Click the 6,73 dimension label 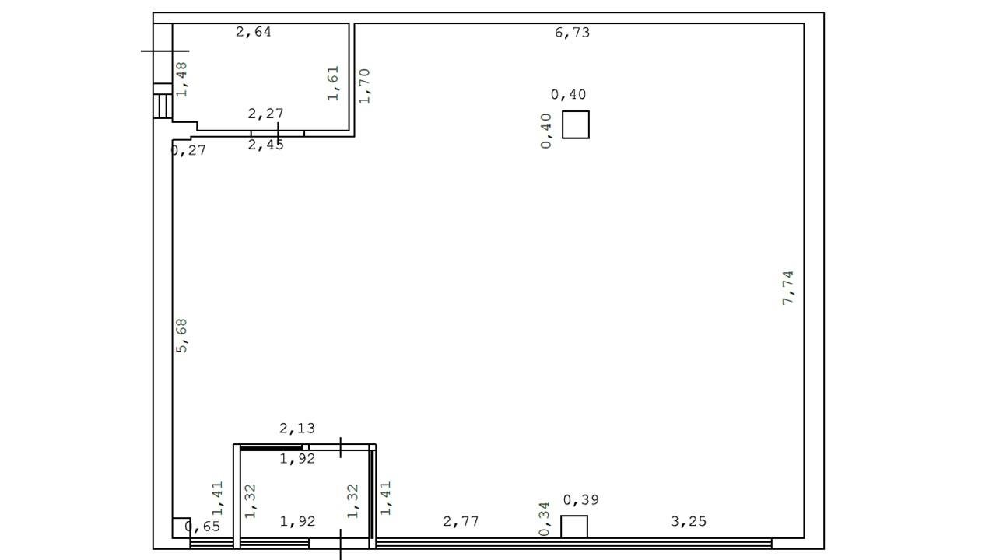[x=572, y=33]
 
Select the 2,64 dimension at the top [x=254, y=32]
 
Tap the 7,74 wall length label [x=787, y=288]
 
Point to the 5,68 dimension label [x=181, y=335]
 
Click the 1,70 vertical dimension [x=364, y=86]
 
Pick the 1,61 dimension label [x=333, y=83]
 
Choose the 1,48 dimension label [x=181, y=79]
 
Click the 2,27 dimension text [x=265, y=114]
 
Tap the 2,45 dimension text [x=265, y=145]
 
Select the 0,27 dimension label [x=188, y=150]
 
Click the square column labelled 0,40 [x=576, y=125]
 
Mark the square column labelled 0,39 [x=574, y=527]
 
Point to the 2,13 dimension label [x=297, y=429]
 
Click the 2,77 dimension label [x=461, y=521]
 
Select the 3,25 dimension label [x=689, y=521]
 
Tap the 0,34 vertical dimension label [x=544, y=519]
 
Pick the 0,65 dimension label [x=202, y=527]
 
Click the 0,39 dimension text [x=581, y=500]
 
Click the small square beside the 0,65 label [x=181, y=528]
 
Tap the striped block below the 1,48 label [x=163, y=106]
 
